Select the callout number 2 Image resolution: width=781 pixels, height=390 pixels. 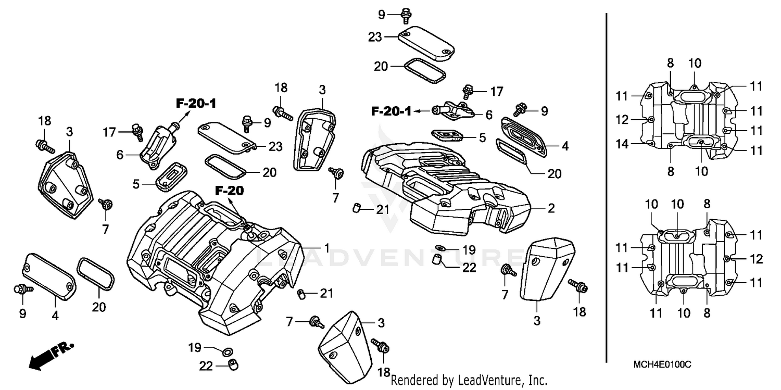[551, 209]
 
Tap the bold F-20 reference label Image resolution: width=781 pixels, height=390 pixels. [229, 191]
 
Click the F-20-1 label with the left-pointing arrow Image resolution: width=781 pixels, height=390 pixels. [391, 111]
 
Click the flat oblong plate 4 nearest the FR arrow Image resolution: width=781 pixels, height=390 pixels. [49, 273]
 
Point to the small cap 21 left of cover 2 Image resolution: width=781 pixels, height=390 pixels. [357, 209]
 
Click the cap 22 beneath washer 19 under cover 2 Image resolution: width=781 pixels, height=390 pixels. [438, 259]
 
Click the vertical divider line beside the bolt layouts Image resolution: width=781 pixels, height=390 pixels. [607, 187]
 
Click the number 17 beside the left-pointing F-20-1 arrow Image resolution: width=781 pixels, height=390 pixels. [496, 92]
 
